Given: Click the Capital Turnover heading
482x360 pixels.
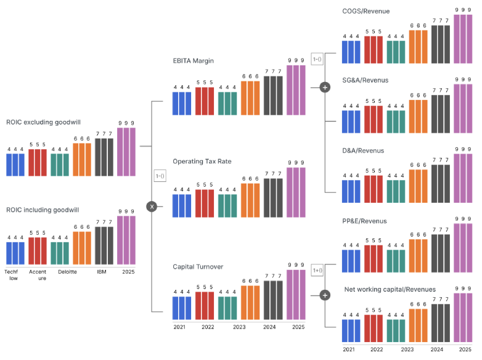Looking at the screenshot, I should click(198, 267).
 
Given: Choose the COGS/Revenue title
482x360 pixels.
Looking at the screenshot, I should click(366, 11).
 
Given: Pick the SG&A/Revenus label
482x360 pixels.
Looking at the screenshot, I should click(365, 80).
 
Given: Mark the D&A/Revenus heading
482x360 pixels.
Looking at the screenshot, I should click(363, 150).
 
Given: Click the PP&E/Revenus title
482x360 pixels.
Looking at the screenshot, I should click(364, 221).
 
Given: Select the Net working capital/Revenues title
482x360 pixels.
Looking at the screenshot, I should click(390, 289).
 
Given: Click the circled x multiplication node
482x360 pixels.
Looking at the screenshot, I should click(152, 207).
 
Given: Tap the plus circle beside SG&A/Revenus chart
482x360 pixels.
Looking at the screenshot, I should click(325, 88).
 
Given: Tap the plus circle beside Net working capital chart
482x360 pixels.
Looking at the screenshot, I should click(325, 295).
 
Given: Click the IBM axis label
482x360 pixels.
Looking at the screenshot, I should click(104, 271).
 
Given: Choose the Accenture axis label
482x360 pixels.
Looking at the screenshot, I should click(38, 274).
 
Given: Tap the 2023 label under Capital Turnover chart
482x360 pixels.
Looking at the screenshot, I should click(239, 327).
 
